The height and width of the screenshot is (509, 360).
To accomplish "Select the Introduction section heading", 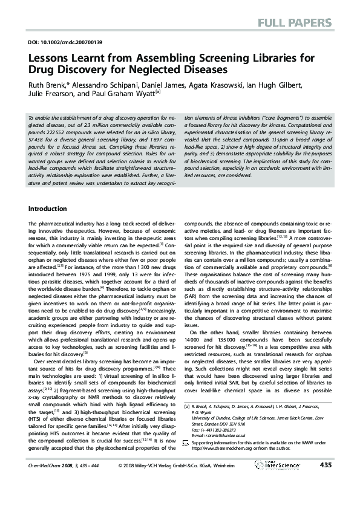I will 48,209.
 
